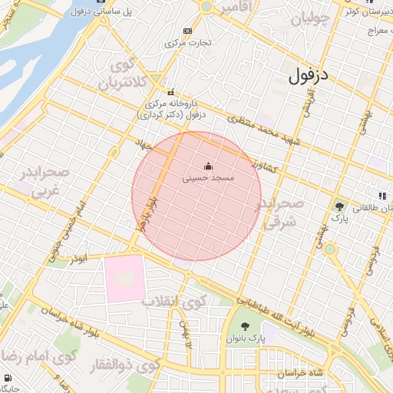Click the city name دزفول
pyautogui.click(x=310, y=76)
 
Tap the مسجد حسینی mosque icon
pyautogui.click(x=208, y=166)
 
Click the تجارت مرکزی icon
pyautogui.click(x=188, y=31)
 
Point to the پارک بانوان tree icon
pyautogui.click(x=245, y=326)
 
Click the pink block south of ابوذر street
pyautogui.click(x=124, y=278)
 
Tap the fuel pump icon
pyautogui.click(x=8, y=378)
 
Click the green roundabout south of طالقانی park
pyautogui.click(x=330, y=249)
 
